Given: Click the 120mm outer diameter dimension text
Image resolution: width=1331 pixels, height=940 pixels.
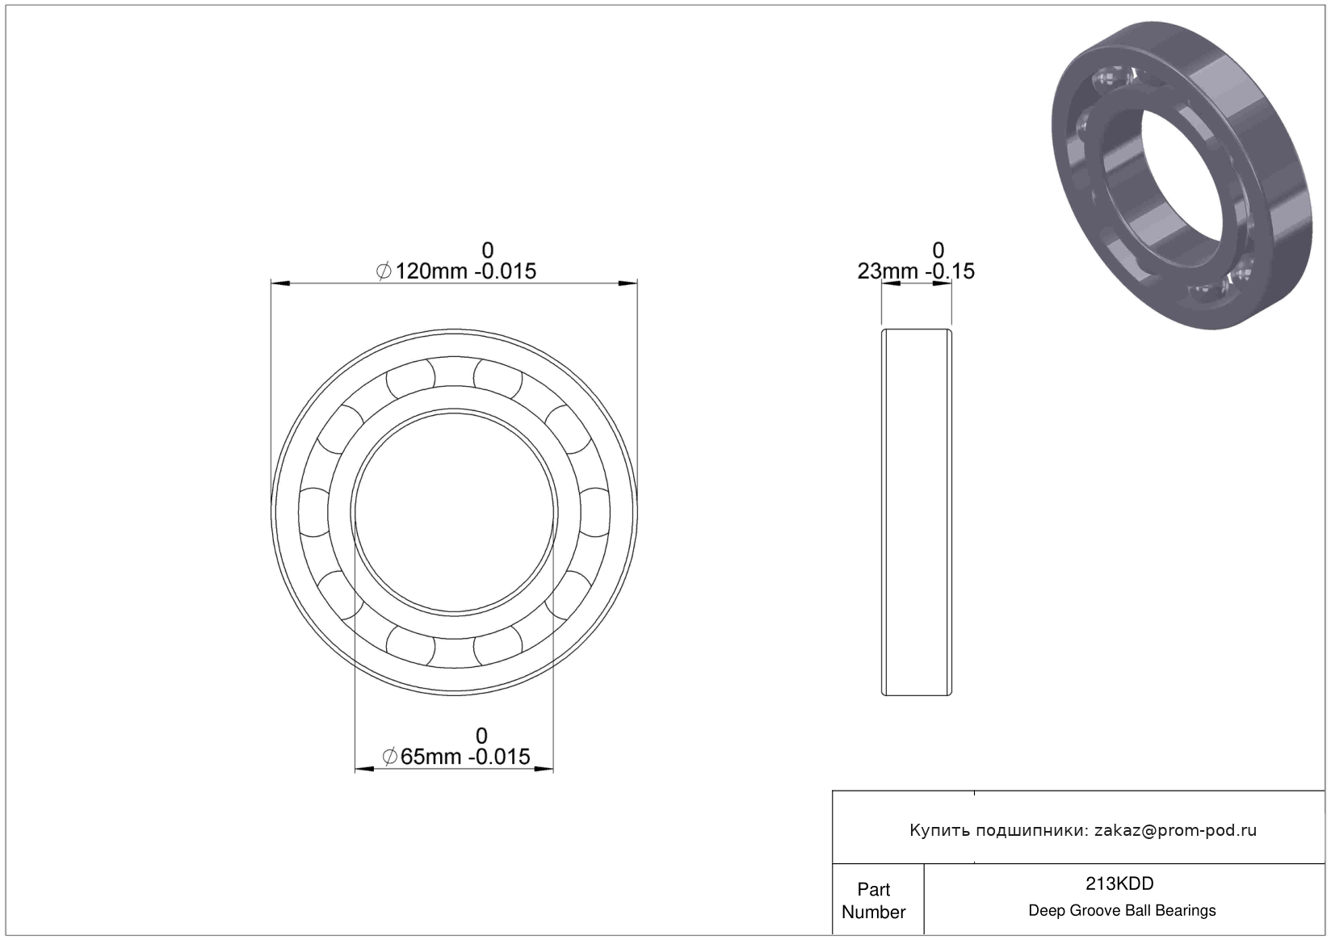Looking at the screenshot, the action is point(456,271).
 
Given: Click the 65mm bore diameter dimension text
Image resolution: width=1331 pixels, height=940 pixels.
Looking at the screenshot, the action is point(456,757).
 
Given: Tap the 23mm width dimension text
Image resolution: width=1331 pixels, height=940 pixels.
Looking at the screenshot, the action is point(916,271).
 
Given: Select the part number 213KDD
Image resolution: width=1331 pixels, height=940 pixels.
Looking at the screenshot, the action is point(1119,884).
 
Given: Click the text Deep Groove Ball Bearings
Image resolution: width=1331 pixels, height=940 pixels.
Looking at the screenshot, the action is point(1122,910).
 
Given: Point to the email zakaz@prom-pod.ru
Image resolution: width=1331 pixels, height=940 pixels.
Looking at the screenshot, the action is point(1175,830).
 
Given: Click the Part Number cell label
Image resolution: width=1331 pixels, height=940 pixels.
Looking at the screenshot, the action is point(874,900).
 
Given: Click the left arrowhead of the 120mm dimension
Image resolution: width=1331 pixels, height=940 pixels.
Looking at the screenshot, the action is point(280,283).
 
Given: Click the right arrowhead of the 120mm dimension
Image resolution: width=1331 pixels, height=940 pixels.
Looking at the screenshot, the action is point(628,283).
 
